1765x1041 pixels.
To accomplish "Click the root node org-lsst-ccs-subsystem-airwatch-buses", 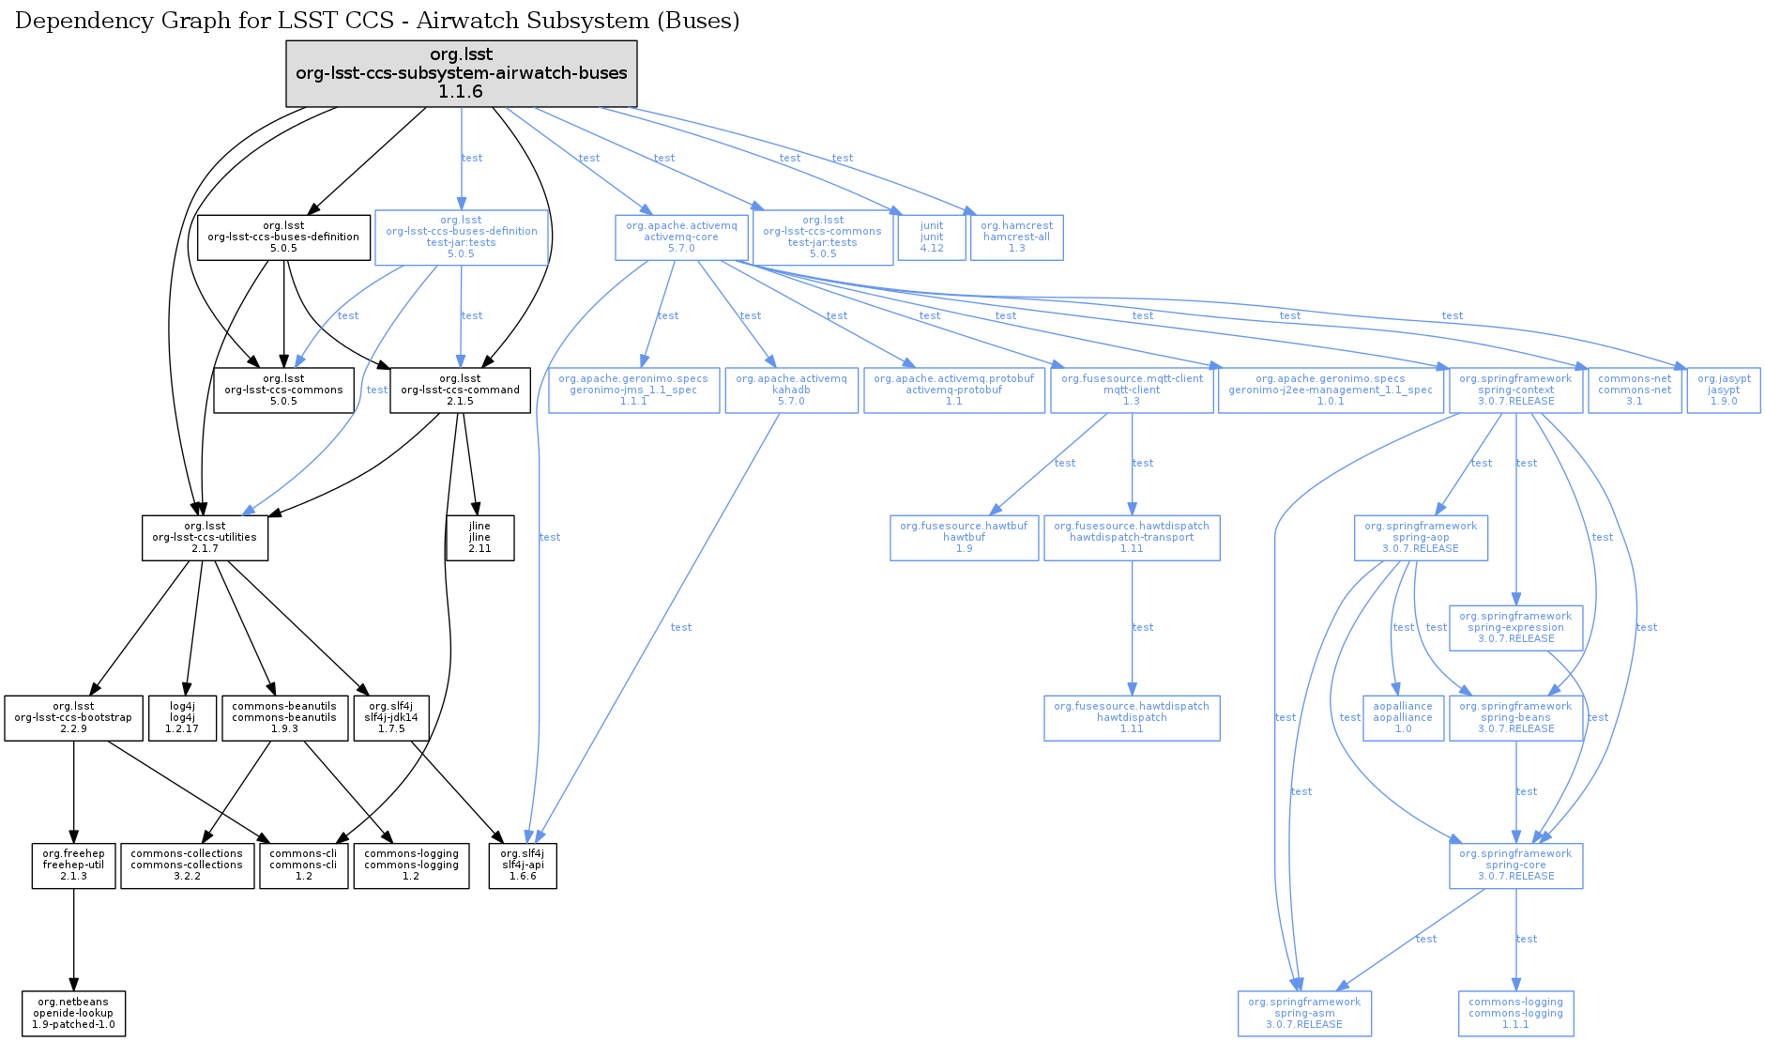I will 461,73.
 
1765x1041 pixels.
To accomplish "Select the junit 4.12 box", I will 932,237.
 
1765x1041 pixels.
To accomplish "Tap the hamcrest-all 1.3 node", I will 1016,237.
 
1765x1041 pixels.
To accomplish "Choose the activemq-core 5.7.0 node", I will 681,237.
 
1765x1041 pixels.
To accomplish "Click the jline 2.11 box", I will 479,537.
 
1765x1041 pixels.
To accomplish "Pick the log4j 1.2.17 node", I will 182,717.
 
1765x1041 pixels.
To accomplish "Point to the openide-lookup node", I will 73,1013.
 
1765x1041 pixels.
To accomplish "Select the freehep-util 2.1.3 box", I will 73,865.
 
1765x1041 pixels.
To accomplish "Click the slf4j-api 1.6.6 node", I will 523,865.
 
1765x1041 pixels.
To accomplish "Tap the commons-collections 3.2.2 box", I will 187,865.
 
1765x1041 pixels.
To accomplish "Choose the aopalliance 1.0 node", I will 1403,717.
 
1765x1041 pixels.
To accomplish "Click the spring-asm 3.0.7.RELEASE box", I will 1304,1013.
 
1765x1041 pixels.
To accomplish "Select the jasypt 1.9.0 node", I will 1724,390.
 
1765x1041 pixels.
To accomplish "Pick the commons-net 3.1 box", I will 1635,390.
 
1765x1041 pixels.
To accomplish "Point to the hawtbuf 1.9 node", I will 964,537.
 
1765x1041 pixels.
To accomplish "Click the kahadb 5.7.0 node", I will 791,390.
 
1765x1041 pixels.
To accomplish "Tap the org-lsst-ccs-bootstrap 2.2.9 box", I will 73,717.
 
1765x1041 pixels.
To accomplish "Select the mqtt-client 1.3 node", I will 1132,390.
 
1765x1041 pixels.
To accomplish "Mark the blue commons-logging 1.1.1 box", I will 1515,1013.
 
